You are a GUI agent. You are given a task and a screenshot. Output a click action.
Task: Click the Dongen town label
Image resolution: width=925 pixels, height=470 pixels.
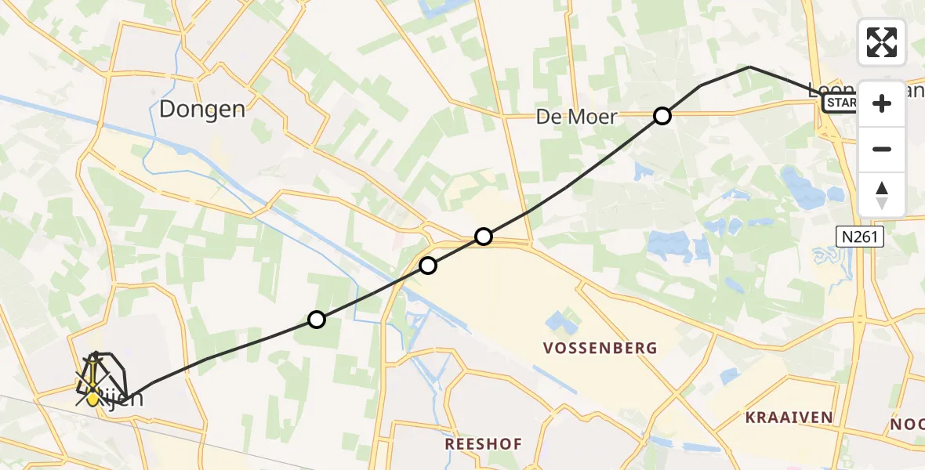(x=202, y=109)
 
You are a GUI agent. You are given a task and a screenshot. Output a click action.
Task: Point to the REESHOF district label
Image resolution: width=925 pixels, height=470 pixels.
(x=483, y=444)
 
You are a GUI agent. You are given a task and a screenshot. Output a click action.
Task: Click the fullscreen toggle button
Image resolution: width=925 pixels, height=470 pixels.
(x=882, y=42)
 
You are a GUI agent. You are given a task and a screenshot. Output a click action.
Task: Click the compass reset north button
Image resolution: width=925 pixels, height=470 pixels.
(x=882, y=195)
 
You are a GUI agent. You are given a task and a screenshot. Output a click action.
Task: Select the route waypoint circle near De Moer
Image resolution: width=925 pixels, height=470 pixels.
(x=662, y=117)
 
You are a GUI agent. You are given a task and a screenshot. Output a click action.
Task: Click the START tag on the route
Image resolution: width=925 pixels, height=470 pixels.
(x=840, y=103)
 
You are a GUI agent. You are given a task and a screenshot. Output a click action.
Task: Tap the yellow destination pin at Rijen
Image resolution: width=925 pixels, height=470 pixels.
(x=93, y=396)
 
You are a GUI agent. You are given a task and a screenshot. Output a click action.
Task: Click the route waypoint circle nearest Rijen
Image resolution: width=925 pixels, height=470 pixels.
(x=316, y=320)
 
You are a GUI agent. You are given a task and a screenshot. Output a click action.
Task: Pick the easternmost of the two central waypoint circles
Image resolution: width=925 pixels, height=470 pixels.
(x=484, y=237)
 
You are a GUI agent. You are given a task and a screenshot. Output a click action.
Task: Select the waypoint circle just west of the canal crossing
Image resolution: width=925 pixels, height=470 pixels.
(x=427, y=266)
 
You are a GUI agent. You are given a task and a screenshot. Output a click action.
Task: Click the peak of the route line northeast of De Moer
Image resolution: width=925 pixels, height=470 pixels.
(x=749, y=67)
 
